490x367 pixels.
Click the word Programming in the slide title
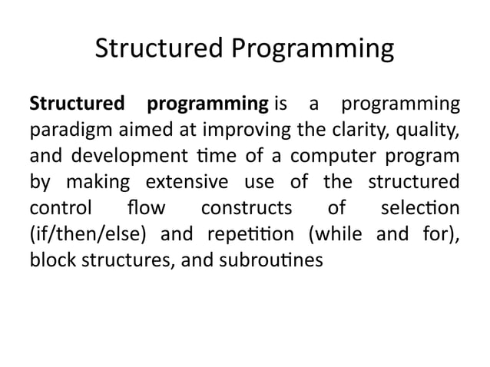[x=311, y=50]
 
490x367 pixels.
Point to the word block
[x=48, y=260]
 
